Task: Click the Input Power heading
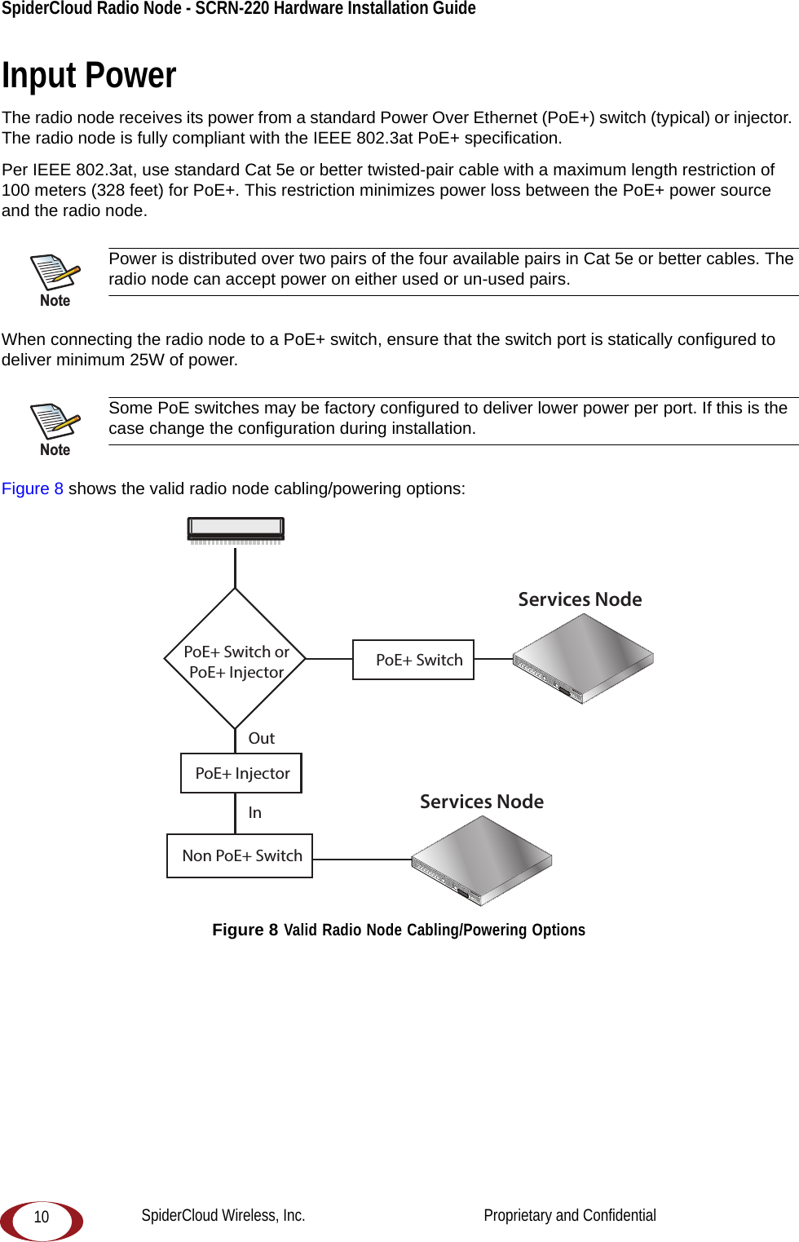tap(89, 76)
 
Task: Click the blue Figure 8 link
tap(33, 488)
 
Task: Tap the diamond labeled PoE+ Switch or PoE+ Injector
tap(236, 659)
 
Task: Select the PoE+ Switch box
tap(413, 660)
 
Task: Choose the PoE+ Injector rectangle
tap(241, 773)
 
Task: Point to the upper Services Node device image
tap(583, 657)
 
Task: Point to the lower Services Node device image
tap(482, 860)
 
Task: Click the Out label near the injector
tap(262, 738)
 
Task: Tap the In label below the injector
tap(255, 812)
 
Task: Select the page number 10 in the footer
tap(42, 1217)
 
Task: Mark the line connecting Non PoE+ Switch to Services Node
tap(362, 860)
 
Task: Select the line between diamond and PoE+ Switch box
tap(329, 659)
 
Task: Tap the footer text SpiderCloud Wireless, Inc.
tap(223, 1215)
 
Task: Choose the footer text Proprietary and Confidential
tap(570, 1215)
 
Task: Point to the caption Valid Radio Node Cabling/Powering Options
tap(435, 930)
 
